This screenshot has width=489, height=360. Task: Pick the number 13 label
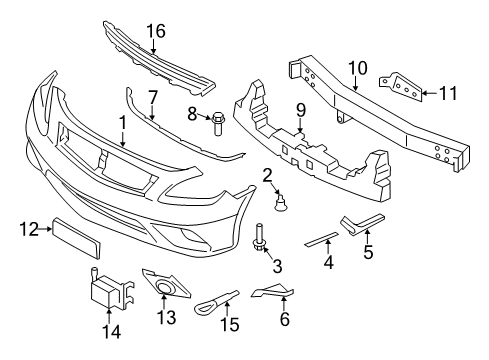click(x=166, y=318)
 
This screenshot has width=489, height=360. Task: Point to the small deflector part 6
click(x=272, y=293)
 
